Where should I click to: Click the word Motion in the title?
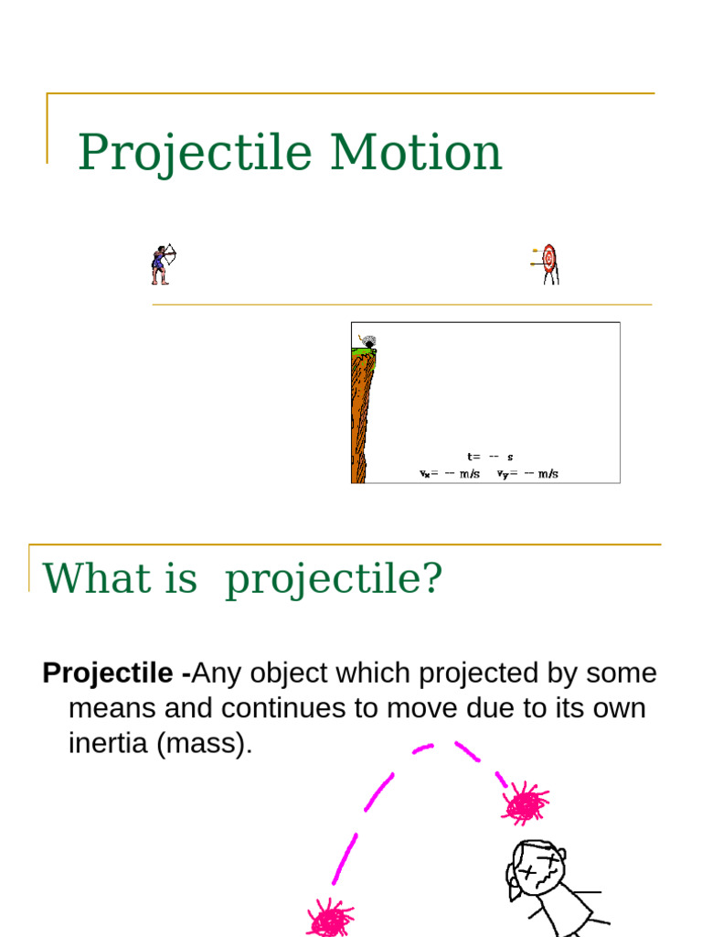click(416, 152)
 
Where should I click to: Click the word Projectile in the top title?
click(196, 152)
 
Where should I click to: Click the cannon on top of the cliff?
click(368, 340)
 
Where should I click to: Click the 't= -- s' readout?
click(490, 456)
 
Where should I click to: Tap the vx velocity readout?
click(449, 474)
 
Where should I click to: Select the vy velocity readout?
click(527, 474)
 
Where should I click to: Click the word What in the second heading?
click(89, 578)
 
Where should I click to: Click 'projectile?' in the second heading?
click(334, 579)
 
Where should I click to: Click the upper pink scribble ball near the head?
click(525, 803)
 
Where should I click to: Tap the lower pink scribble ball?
click(330, 918)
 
